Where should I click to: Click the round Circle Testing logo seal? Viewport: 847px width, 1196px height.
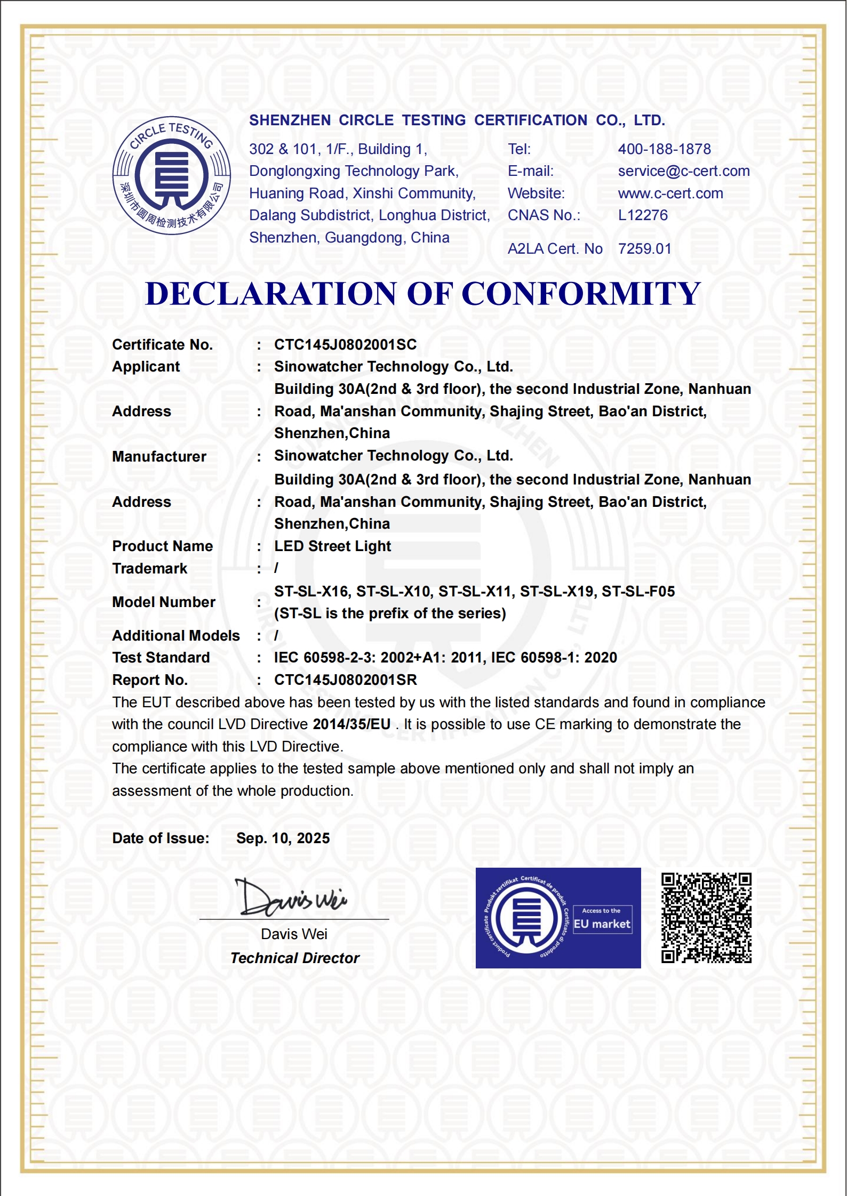[x=172, y=175]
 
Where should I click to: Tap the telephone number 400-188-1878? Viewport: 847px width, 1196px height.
[x=664, y=149]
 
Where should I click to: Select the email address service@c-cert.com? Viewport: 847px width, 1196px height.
[x=684, y=171]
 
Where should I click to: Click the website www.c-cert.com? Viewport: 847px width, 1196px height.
[x=670, y=193]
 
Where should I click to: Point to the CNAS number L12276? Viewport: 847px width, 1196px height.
[x=643, y=215]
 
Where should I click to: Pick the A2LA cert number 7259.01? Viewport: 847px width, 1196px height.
[x=644, y=249]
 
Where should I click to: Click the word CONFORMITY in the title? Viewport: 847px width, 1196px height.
[x=580, y=294]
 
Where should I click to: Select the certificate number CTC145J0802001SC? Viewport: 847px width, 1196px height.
[x=345, y=345]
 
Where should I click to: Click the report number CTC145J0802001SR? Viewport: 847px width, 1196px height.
[x=345, y=680]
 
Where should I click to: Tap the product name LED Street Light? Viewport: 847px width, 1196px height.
[x=332, y=546]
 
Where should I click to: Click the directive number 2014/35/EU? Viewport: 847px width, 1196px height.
[x=351, y=724]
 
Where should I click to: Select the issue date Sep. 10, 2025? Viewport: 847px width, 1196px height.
[x=283, y=838]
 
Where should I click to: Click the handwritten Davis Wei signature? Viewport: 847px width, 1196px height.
[x=291, y=898]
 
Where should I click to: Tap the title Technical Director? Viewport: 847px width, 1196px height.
[x=295, y=958]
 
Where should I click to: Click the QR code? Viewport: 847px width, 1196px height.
[x=706, y=918]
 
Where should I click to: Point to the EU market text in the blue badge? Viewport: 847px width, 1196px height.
[x=602, y=924]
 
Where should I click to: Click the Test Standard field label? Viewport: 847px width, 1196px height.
[x=161, y=658]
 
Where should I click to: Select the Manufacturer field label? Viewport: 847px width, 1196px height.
[x=159, y=457]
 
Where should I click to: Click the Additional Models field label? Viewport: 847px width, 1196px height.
[x=176, y=636]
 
